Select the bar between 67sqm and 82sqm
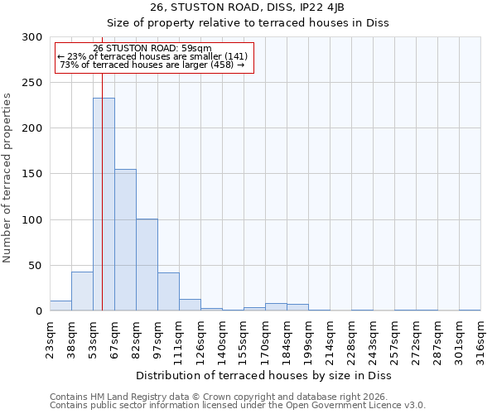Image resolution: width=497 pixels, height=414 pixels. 125,240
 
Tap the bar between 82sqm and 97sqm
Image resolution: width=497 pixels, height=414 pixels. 147,265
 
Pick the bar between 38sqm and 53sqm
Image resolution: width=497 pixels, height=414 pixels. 82,291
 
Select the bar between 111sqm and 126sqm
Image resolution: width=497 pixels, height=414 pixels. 190,305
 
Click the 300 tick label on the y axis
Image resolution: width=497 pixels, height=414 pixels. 32,37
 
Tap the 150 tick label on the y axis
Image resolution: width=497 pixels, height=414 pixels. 32,174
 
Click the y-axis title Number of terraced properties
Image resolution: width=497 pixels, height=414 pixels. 7,177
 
